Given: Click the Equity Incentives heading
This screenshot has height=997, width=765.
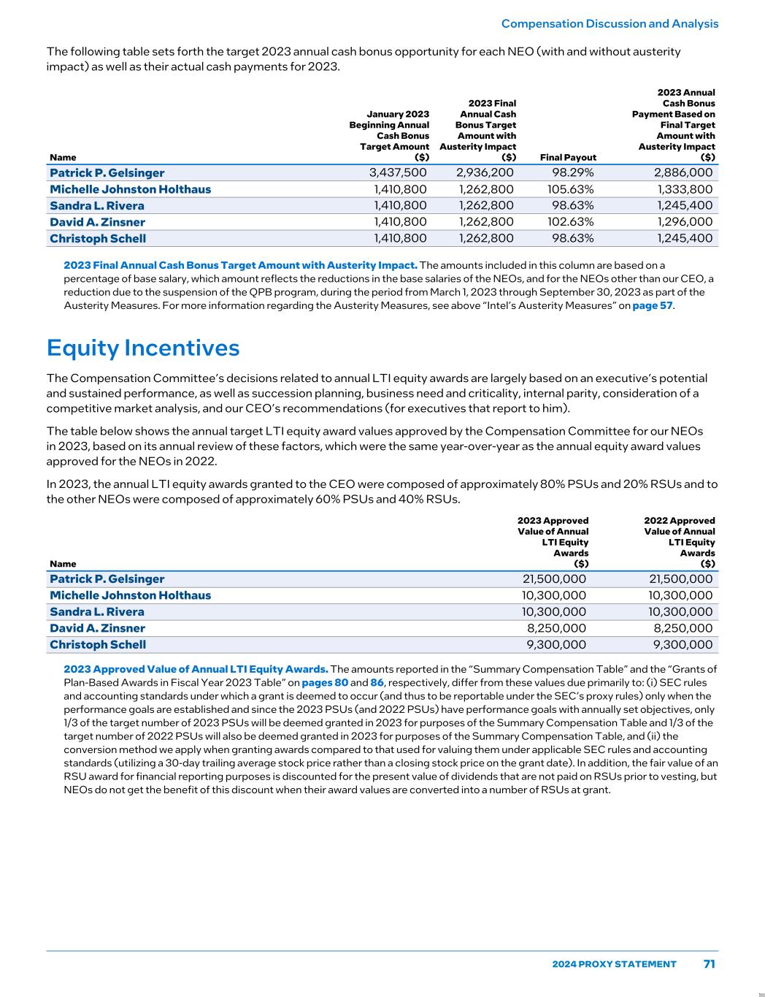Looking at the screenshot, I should (143, 348).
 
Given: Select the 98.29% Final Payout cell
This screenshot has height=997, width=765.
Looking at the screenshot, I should (572, 173).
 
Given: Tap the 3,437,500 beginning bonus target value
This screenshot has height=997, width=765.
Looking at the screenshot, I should (398, 173).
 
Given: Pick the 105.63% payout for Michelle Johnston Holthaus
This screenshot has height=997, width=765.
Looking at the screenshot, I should (570, 189).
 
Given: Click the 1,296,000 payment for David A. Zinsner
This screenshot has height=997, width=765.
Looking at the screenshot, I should (685, 222).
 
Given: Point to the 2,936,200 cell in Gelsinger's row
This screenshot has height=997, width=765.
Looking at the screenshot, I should (485, 173).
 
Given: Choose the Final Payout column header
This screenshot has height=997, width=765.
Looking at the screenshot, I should (568, 157).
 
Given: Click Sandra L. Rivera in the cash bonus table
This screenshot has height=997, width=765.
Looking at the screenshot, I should (97, 205).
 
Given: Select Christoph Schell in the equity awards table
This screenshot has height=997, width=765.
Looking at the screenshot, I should (98, 645).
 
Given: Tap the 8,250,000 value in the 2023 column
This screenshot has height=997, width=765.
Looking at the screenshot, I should (556, 628).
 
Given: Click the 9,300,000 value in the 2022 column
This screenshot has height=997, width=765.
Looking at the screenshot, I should (682, 645).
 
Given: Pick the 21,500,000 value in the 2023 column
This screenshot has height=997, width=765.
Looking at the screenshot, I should (553, 579).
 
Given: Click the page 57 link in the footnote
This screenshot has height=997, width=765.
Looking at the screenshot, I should (652, 305).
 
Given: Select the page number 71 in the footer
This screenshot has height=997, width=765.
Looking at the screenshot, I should (709, 963).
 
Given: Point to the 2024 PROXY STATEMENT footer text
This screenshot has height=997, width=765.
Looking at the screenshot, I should (614, 964).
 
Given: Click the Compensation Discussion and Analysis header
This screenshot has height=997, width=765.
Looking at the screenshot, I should (610, 23).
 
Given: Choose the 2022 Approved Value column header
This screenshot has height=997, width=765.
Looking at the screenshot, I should (679, 542).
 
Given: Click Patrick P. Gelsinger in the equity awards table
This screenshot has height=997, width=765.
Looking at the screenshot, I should (107, 579).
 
